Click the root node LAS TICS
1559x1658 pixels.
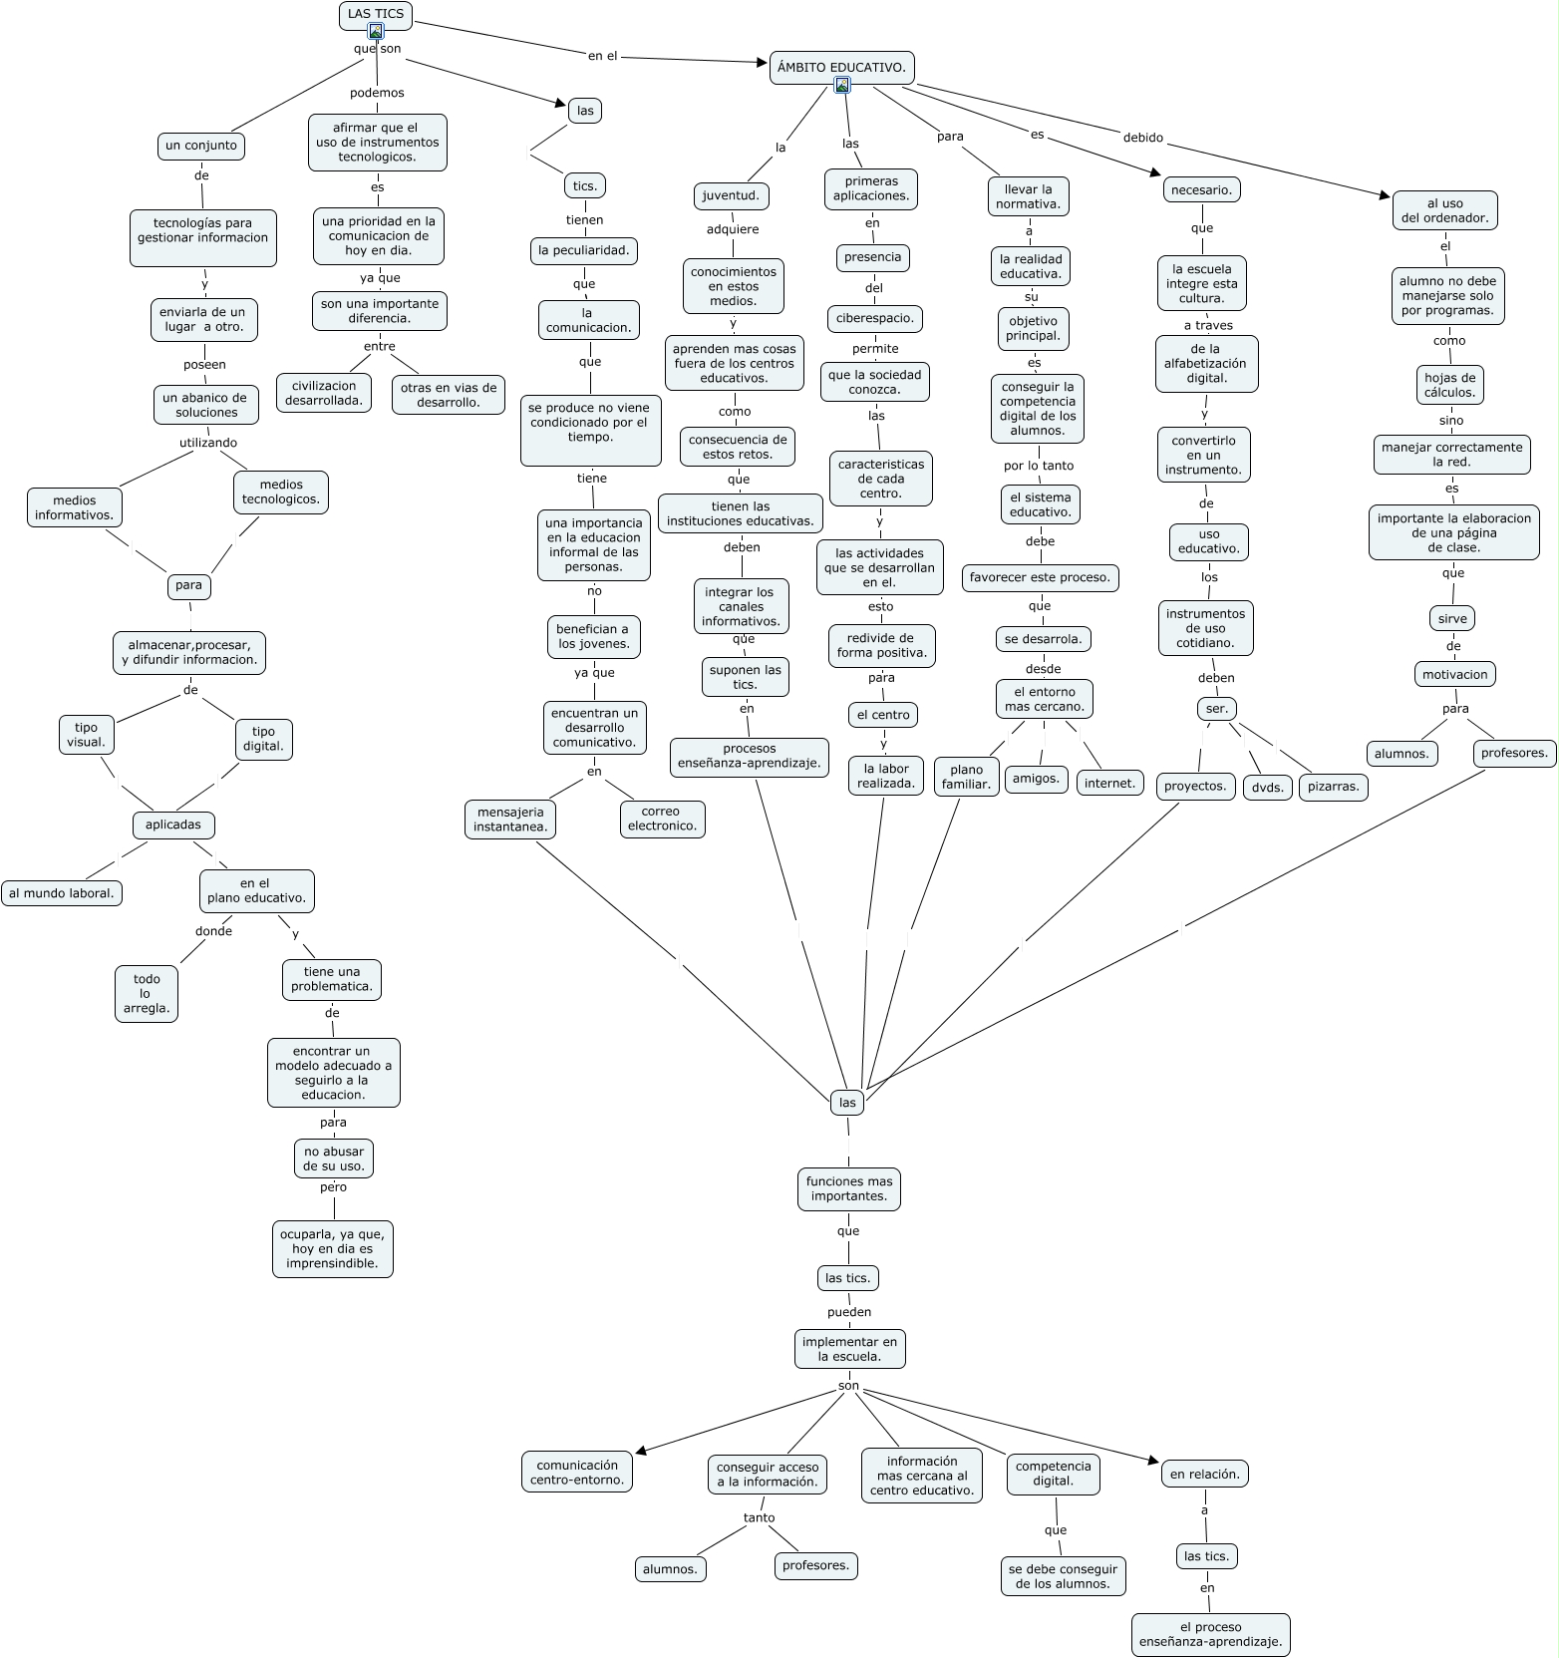376,15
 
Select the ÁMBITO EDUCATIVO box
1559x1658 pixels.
842,68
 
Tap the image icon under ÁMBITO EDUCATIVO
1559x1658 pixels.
842,86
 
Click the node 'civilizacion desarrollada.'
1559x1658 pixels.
324,394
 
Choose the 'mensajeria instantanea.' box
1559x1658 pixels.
510,820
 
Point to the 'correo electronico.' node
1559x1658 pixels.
662,819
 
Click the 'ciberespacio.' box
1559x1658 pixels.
874,319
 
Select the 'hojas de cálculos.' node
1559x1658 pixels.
1449,385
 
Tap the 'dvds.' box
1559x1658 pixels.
1268,787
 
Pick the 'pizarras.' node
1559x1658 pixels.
1334,787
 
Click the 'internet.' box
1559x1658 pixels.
1109,783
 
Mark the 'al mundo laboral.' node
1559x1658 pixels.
62,893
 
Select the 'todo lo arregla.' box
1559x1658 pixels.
147,993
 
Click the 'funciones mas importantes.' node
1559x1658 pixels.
849,1188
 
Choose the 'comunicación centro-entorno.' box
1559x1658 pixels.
577,1473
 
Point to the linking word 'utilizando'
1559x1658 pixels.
208,443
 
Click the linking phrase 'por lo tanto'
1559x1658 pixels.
1039,466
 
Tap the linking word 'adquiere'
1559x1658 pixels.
733,229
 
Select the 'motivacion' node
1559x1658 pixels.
1455,675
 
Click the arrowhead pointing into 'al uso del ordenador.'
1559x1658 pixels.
1384,195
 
